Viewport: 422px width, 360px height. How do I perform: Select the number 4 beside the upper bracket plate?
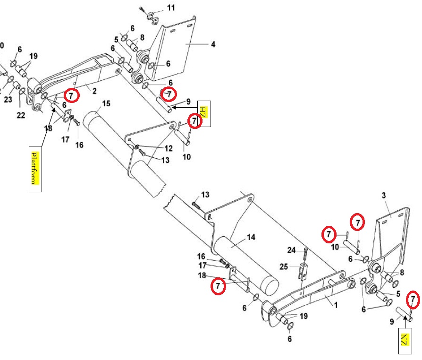pyautogui.click(x=213, y=44)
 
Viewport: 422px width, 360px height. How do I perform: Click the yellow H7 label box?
pyautogui.click(x=203, y=114)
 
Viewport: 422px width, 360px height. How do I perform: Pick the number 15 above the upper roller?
pyautogui.click(x=106, y=103)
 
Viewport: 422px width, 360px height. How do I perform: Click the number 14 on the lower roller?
pyautogui.click(x=251, y=237)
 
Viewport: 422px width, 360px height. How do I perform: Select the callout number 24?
pyautogui.click(x=292, y=249)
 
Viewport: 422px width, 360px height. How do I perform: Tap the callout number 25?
pyautogui.click(x=283, y=267)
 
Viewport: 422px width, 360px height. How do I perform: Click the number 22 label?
pyautogui.click(x=21, y=116)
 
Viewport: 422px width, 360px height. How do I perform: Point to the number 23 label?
pyautogui.click(x=8, y=100)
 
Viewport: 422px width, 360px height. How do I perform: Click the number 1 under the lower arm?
pyautogui.click(x=336, y=305)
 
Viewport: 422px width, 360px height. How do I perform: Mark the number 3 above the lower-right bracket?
pyautogui.click(x=384, y=195)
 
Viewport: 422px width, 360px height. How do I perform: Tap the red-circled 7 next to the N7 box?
pyautogui.click(x=413, y=299)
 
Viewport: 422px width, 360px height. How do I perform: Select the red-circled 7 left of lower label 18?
pyautogui.click(x=218, y=286)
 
